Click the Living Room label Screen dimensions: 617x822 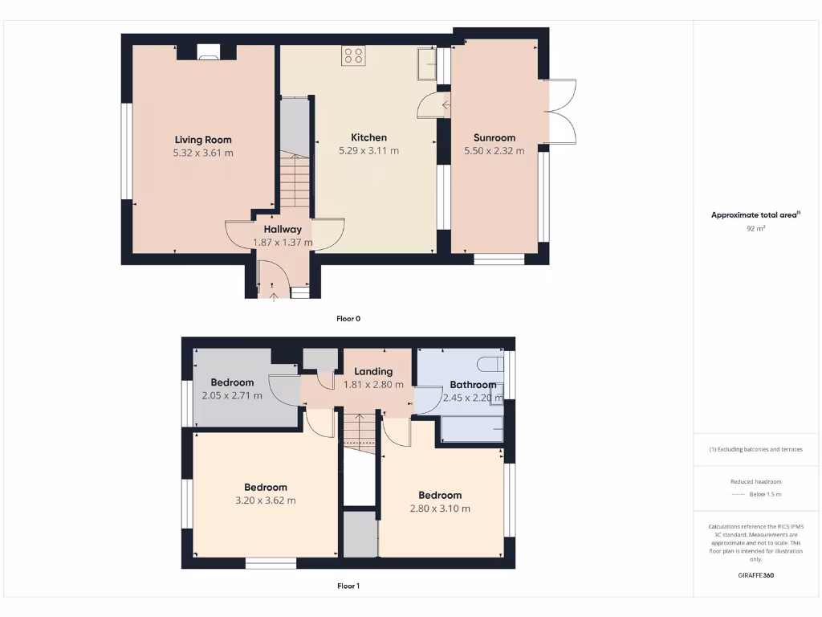[x=203, y=140]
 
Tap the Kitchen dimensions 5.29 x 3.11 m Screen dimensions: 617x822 [x=368, y=150]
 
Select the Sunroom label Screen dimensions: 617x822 [x=494, y=137]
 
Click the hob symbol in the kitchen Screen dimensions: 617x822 [x=353, y=55]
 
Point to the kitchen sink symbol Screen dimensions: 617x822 [x=425, y=65]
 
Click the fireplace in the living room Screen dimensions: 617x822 [x=206, y=54]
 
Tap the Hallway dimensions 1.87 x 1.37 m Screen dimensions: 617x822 [x=283, y=242]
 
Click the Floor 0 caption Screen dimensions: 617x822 [x=348, y=318]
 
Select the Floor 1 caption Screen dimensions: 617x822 [x=348, y=586]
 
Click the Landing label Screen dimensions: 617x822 [x=373, y=371]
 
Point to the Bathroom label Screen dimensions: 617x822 [x=473, y=384]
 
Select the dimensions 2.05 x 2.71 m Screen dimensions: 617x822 [x=231, y=395]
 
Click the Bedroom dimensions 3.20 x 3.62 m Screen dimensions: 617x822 [x=265, y=501]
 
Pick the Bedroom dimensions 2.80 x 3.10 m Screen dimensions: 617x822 [x=439, y=509]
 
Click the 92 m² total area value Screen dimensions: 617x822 [x=755, y=229]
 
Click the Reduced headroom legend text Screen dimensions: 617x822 [x=755, y=481]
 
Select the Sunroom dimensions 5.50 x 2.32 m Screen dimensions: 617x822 [x=494, y=150]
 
